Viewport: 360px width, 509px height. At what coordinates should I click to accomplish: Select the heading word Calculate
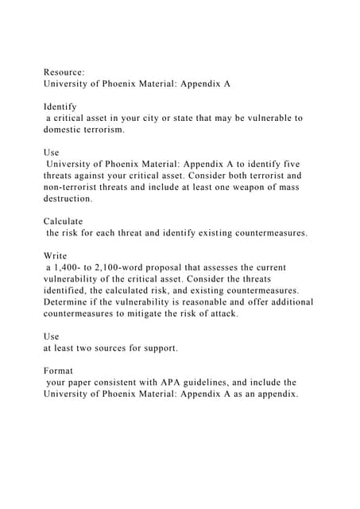coord(63,220)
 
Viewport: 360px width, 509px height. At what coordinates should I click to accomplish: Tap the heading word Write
coord(55,254)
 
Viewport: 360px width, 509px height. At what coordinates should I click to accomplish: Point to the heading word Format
coord(58,370)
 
